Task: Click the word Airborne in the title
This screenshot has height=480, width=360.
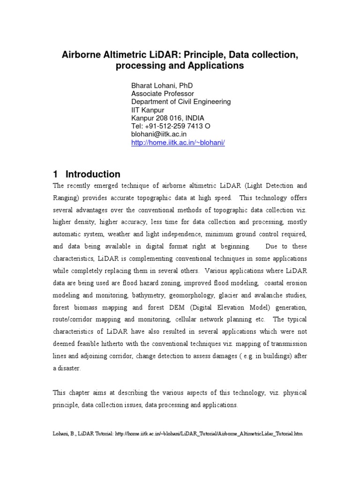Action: tap(81, 55)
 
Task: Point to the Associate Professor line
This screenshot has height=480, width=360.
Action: tap(163, 94)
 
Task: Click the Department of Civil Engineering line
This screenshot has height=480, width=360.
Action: tap(181, 102)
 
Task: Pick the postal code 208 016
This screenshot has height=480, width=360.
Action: tap(169, 118)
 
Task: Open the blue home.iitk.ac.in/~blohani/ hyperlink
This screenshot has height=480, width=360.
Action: tap(178, 142)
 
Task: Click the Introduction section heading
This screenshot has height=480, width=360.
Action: tap(93, 174)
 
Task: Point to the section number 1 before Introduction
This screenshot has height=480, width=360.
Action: tap(55, 174)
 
